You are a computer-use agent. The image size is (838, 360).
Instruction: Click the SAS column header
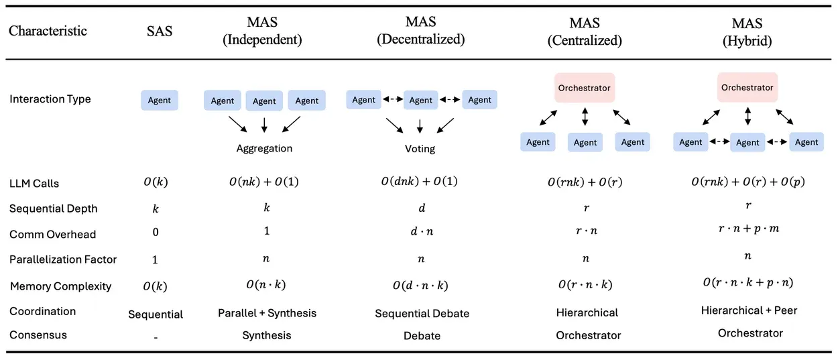[160, 32]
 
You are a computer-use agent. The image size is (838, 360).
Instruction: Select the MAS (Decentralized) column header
[421, 32]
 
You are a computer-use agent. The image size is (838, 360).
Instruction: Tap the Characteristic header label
[48, 31]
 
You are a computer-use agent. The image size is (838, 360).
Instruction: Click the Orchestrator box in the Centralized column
[585, 88]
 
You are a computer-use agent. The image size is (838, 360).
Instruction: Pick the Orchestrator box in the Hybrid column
[747, 88]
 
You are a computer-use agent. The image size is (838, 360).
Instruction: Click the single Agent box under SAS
[160, 100]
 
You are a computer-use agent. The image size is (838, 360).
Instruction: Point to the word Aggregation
[264, 148]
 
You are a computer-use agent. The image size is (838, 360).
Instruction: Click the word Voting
[420, 148]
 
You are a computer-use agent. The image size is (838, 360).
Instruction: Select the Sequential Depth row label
[53, 208]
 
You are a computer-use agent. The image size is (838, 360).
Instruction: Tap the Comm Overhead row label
[52, 234]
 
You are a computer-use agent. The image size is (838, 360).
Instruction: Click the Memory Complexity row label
[60, 286]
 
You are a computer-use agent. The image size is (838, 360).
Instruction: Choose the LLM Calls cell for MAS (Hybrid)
[748, 182]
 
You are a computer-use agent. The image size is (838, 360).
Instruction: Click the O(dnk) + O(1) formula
[420, 182]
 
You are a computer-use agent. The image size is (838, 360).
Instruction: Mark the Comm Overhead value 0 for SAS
[155, 234]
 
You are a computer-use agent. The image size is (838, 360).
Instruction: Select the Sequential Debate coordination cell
[422, 313]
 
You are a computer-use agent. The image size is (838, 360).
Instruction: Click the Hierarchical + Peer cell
[749, 310]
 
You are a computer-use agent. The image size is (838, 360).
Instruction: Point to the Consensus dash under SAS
[156, 337]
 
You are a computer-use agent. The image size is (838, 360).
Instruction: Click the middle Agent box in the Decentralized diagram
[420, 100]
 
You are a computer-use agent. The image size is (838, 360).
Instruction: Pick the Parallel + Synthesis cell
[267, 313]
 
